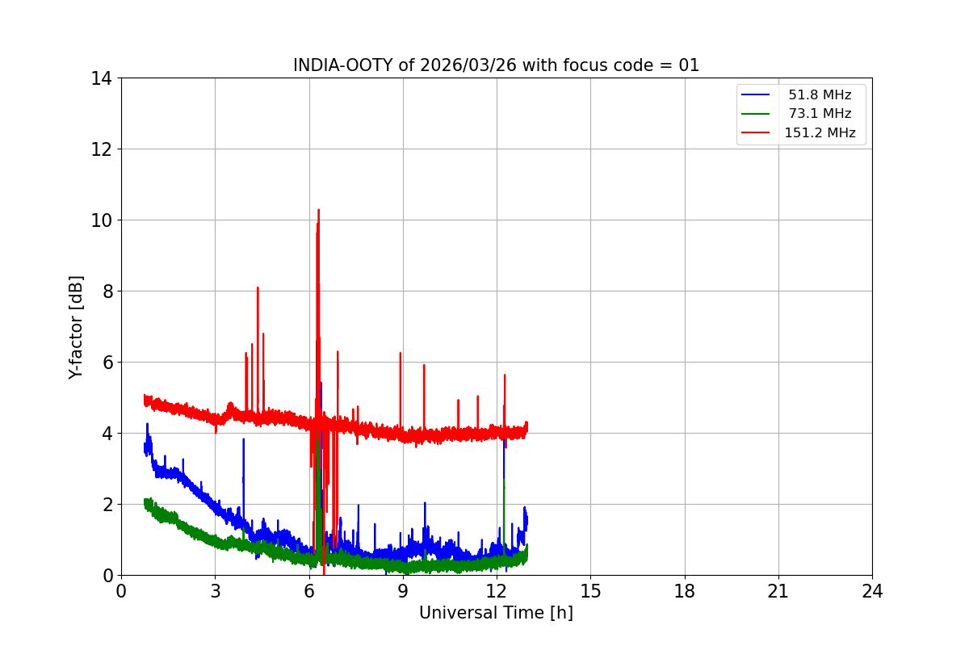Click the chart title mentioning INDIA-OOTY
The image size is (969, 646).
click(496, 65)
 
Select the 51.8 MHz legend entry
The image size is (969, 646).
click(820, 95)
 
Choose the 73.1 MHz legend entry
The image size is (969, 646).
click(820, 114)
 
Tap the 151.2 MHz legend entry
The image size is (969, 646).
click(820, 133)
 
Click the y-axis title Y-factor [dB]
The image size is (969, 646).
click(76, 327)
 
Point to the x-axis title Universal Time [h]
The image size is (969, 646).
click(496, 613)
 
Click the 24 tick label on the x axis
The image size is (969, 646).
click(872, 591)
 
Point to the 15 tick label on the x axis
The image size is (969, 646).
click(590, 591)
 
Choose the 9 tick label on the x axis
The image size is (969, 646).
click(403, 591)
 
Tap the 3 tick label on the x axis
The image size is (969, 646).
click(215, 591)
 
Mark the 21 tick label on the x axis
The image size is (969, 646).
click(778, 591)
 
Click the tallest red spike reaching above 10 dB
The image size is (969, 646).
click(318, 212)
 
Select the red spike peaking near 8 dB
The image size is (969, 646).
click(258, 289)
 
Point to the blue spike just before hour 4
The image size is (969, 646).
click(243, 443)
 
